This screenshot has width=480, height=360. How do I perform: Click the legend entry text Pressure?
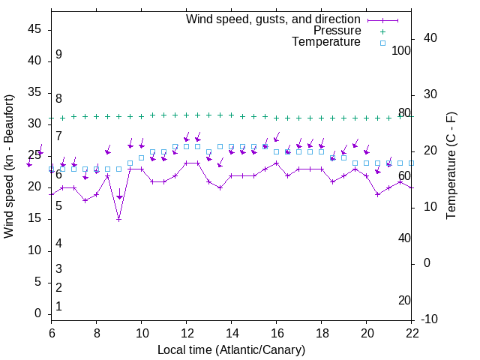pos(337,31)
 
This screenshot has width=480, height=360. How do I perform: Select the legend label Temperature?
pos(326,43)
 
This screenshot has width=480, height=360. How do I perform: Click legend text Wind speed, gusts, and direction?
pos(274,19)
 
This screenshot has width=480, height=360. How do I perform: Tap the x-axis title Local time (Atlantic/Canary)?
pos(231,349)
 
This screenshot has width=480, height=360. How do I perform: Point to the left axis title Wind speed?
pos(9,166)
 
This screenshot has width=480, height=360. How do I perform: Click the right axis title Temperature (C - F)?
pos(451,166)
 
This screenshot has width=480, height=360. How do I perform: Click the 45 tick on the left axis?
pos(34,29)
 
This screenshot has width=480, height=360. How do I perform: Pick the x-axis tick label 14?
pos(231,332)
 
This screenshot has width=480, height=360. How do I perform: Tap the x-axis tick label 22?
pos(412,332)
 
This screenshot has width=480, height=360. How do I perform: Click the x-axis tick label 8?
pos(96,332)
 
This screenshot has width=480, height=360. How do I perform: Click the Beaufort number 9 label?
pos(58,55)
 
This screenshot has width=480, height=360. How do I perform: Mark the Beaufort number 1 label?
pos(58,307)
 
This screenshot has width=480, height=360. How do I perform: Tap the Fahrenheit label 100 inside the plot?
pos(402,50)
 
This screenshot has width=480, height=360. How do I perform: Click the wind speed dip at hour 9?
pos(118,219)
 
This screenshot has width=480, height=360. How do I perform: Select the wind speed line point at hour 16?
pos(276,163)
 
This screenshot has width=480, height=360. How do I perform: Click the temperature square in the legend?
pos(382,43)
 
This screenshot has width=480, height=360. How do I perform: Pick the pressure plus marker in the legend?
pos(382,31)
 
